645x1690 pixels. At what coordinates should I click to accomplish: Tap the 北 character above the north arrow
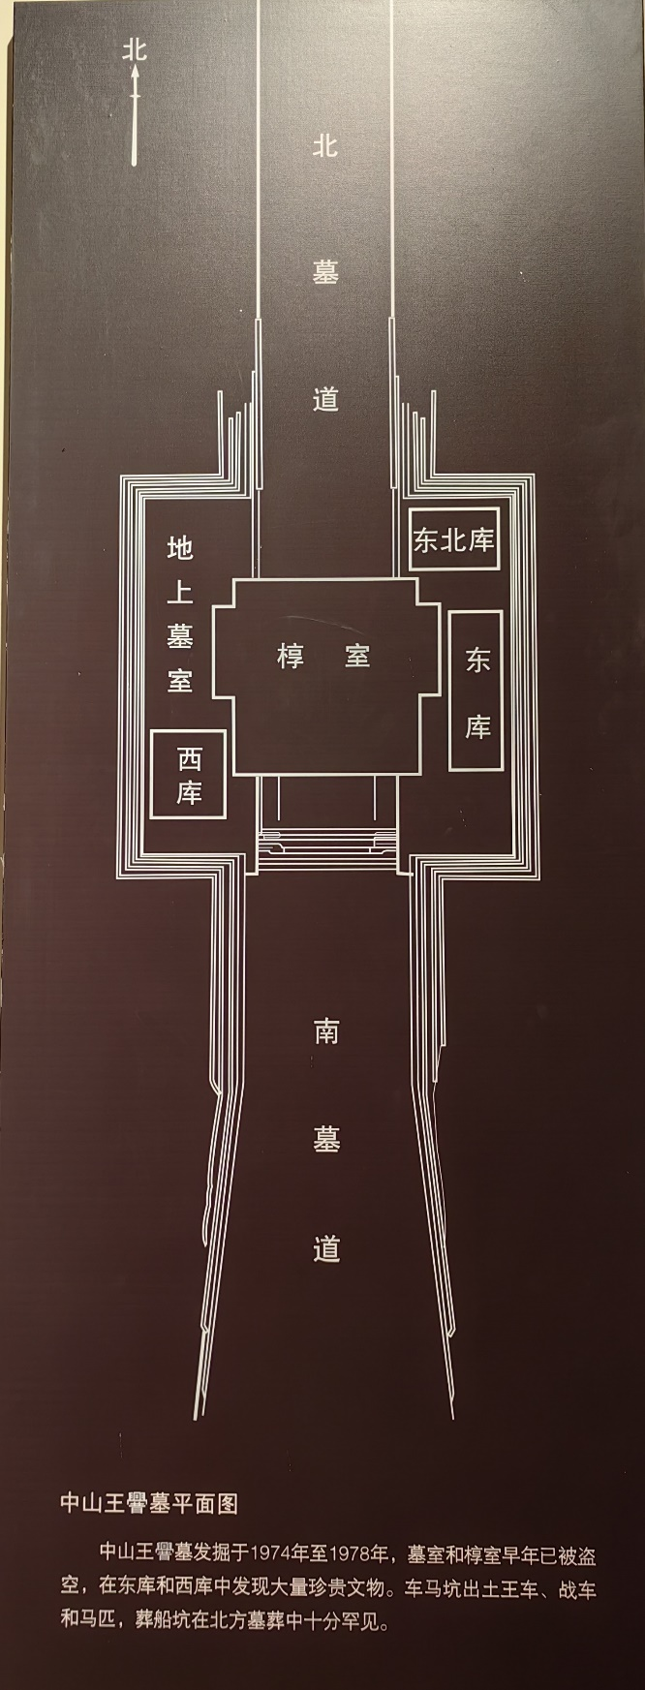point(135,49)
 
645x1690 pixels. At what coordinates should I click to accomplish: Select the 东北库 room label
point(453,539)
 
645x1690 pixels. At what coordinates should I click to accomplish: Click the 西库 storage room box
point(189,775)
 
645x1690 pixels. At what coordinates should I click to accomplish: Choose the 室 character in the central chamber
point(357,657)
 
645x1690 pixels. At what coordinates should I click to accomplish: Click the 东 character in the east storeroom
point(477,661)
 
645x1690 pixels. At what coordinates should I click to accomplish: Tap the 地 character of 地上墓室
point(180,548)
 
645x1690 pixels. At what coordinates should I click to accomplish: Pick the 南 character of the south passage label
point(325,1031)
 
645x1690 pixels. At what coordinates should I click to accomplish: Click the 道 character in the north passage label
point(325,398)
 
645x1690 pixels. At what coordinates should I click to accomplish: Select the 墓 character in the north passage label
point(325,272)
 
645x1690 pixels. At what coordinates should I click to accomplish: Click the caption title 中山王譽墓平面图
point(148,1503)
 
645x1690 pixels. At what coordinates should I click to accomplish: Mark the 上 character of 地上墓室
point(180,593)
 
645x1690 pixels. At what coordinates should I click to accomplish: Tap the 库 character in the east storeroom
point(477,726)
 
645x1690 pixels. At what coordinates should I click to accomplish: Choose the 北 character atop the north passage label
point(325,146)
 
